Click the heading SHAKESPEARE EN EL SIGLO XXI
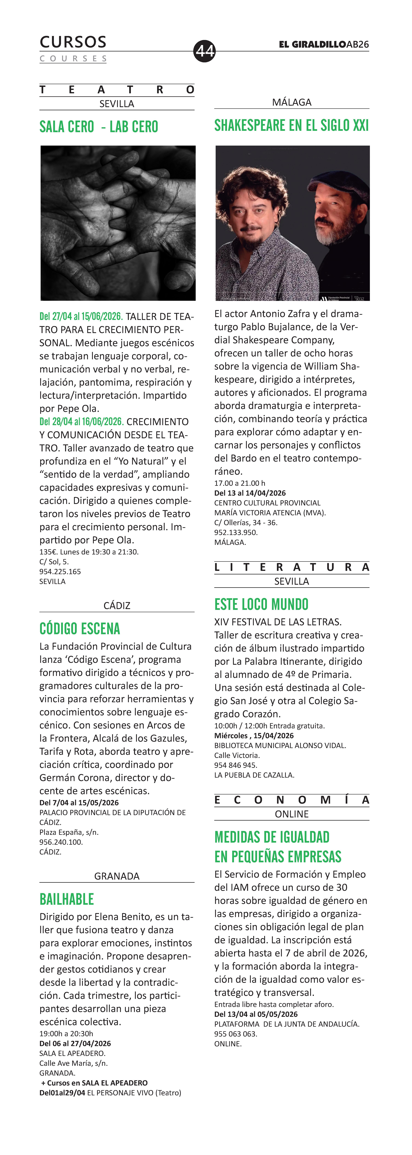click(291, 126)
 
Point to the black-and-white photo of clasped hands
click(118, 223)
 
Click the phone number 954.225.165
click(60, 572)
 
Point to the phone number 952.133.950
click(236, 532)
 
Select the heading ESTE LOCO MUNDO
click(261, 604)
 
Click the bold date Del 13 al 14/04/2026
click(250, 493)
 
